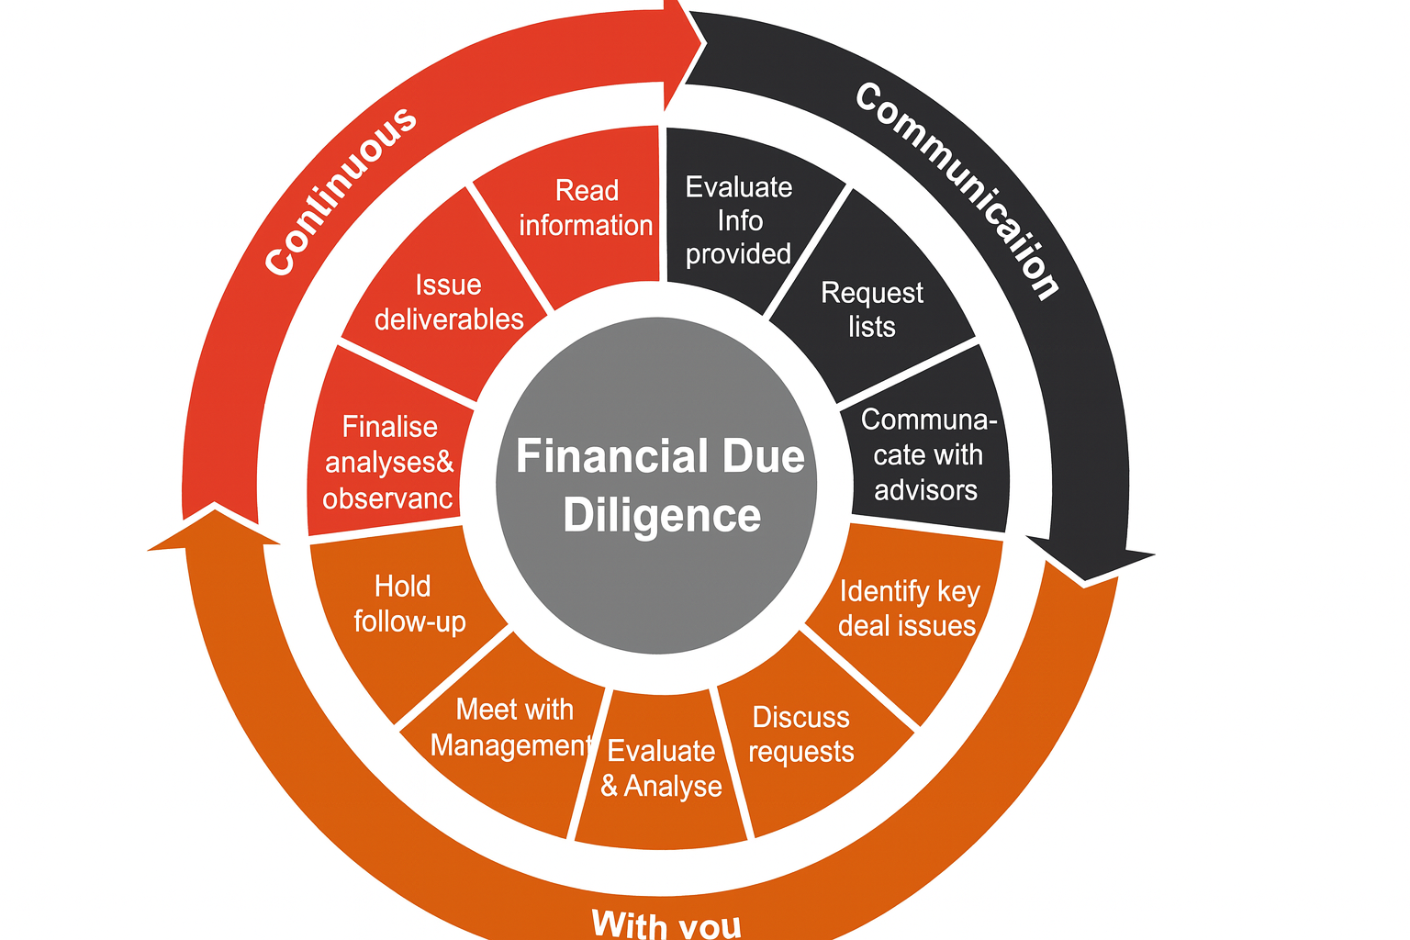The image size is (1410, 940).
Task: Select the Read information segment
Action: coord(586,209)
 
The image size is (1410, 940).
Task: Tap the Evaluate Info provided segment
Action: coord(738,220)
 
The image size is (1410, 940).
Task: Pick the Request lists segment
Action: coord(871,309)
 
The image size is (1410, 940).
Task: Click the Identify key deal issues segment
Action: coord(908,608)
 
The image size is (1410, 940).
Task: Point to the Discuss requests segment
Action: coord(801,734)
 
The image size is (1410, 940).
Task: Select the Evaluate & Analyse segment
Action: coord(661,769)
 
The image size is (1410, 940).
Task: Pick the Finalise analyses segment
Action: coord(389,462)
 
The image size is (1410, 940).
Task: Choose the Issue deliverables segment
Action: coord(449,302)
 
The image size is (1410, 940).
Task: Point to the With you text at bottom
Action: coord(666,922)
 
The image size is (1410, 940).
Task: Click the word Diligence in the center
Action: coord(662,516)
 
